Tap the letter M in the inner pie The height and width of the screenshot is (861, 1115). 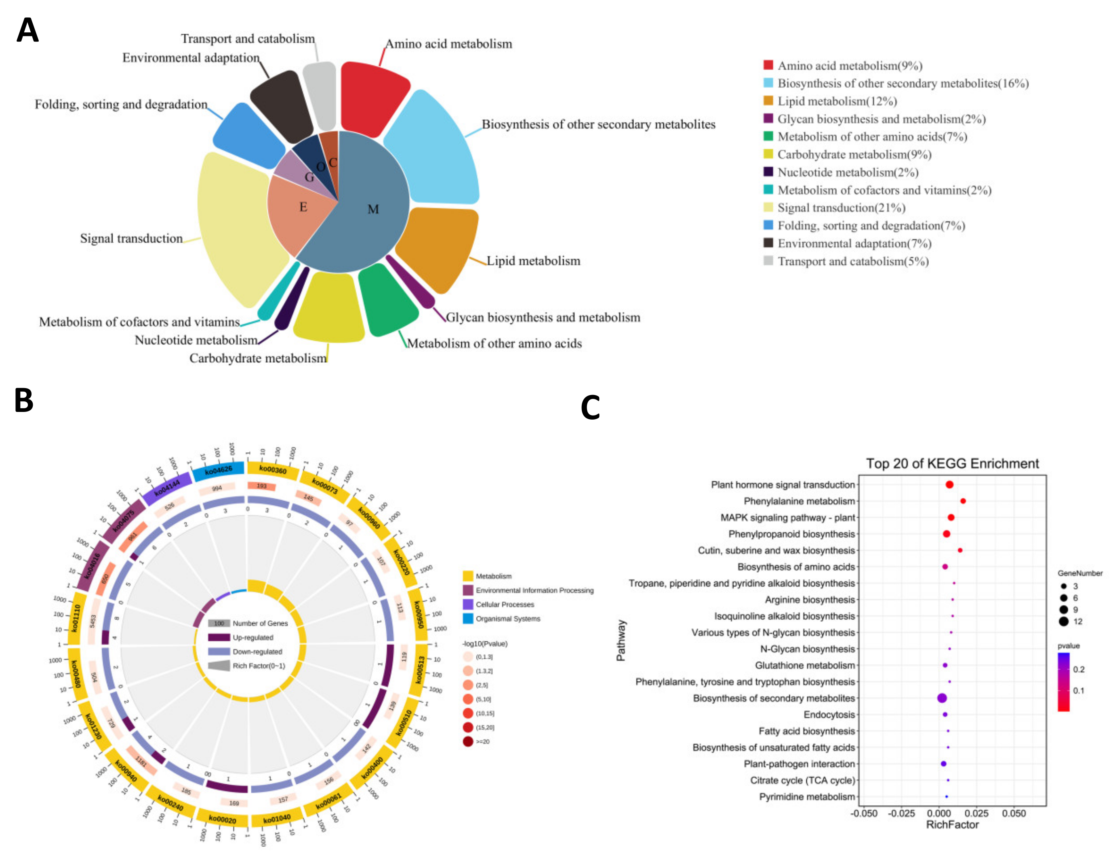click(x=373, y=209)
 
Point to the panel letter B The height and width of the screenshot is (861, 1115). click(x=24, y=401)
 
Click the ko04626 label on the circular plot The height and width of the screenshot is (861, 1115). click(x=219, y=470)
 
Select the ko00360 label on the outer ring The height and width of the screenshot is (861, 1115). click(x=273, y=469)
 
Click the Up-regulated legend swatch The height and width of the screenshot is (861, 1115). click(x=219, y=637)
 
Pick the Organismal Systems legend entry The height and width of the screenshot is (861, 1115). click(x=507, y=619)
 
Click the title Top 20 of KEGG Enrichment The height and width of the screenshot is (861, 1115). click(x=952, y=464)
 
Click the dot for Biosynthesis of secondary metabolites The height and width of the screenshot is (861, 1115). click(x=942, y=698)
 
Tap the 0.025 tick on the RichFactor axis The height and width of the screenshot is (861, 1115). click(x=976, y=813)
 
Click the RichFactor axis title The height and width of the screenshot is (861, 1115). click(x=952, y=825)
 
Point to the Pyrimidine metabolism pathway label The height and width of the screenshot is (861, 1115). click(x=807, y=797)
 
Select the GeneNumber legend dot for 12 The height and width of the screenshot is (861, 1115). click(x=1063, y=621)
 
